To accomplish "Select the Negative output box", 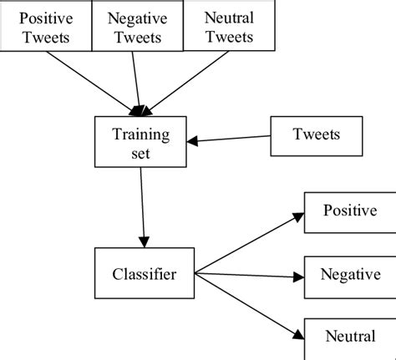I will [349, 274].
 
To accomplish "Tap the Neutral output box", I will [349, 336].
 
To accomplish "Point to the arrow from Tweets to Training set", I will [232, 139].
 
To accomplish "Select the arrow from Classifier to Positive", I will [246, 243].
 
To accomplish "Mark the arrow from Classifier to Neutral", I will [246, 305].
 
